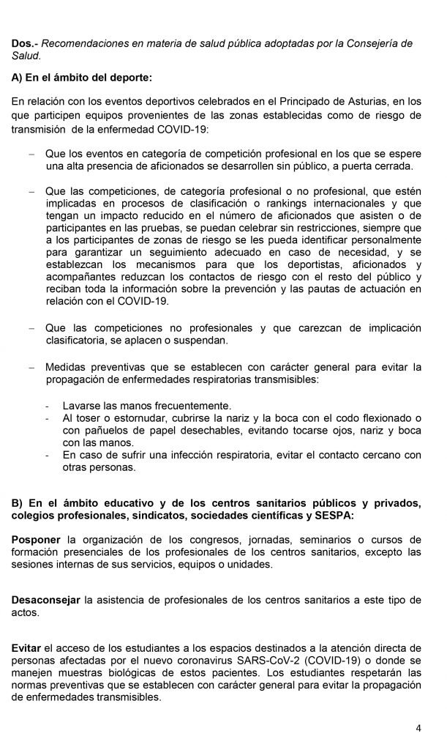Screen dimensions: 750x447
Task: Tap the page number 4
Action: [418, 728]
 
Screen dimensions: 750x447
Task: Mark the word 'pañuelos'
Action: [110, 430]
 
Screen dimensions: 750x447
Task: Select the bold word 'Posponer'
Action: [35, 540]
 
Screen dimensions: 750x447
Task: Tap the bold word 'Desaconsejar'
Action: [45, 600]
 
